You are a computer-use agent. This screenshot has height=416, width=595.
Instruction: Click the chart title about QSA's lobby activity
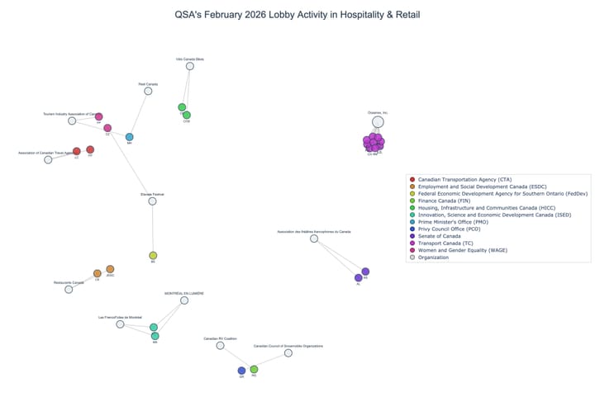pos(297,15)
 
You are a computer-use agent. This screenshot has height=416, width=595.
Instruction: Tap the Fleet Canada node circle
pos(148,91)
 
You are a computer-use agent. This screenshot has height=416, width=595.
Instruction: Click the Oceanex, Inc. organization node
pos(378,122)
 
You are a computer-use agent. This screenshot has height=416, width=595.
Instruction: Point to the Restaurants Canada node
pos(69,289)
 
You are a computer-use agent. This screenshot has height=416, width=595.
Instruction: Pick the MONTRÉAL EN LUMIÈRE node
pos(184,300)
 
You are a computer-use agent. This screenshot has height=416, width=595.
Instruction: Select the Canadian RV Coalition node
pos(220,346)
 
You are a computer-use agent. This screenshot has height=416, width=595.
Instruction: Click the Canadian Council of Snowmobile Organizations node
pos(288,353)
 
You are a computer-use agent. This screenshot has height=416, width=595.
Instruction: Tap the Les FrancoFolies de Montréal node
pos(120,324)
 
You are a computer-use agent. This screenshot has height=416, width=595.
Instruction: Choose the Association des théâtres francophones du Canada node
pos(314,239)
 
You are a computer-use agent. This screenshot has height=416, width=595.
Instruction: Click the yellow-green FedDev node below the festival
pos(153,256)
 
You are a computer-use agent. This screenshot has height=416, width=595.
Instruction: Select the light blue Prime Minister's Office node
pos(129,137)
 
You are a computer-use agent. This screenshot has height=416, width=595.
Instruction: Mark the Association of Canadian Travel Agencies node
pos(48,159)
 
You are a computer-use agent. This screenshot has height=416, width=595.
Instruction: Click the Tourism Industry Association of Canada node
pos(72,121)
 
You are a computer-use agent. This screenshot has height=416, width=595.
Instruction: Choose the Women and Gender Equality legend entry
pos(463,250)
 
